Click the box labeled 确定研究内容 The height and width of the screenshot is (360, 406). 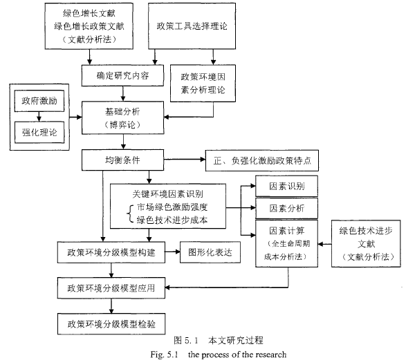[x=122, y=75]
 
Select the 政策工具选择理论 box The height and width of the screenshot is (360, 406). [x=192, y=26]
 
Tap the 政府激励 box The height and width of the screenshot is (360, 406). [x=39, y=101]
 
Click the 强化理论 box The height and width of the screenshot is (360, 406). [x=39, y=132]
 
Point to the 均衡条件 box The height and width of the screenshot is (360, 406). [x=122, y=160]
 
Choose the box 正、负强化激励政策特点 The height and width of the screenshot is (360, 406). [x=262, y=160]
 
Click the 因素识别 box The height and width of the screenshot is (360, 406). [x=286, y=186]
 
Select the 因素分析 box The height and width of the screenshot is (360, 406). [x=286, y=208]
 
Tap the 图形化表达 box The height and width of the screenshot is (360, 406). [x=210, y=252]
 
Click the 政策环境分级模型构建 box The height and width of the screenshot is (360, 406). [x=111, y=252]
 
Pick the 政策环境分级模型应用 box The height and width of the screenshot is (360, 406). [x=111, y=288]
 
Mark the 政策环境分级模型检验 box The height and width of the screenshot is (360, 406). [x=111, y=324]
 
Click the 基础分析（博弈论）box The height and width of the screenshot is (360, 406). [x=122, y=117]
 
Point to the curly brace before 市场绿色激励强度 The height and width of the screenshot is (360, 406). [x=130, y=214]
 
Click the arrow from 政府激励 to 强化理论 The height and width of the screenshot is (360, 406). [x=39, y=117]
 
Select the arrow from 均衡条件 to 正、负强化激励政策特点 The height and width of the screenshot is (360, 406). [x=185, y=160]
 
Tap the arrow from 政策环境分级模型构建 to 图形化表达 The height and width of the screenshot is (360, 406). [x=172, y=252]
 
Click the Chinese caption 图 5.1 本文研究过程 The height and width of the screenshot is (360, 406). [x=219, y=341]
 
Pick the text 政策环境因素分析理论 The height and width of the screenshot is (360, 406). [x=203, y=84]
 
